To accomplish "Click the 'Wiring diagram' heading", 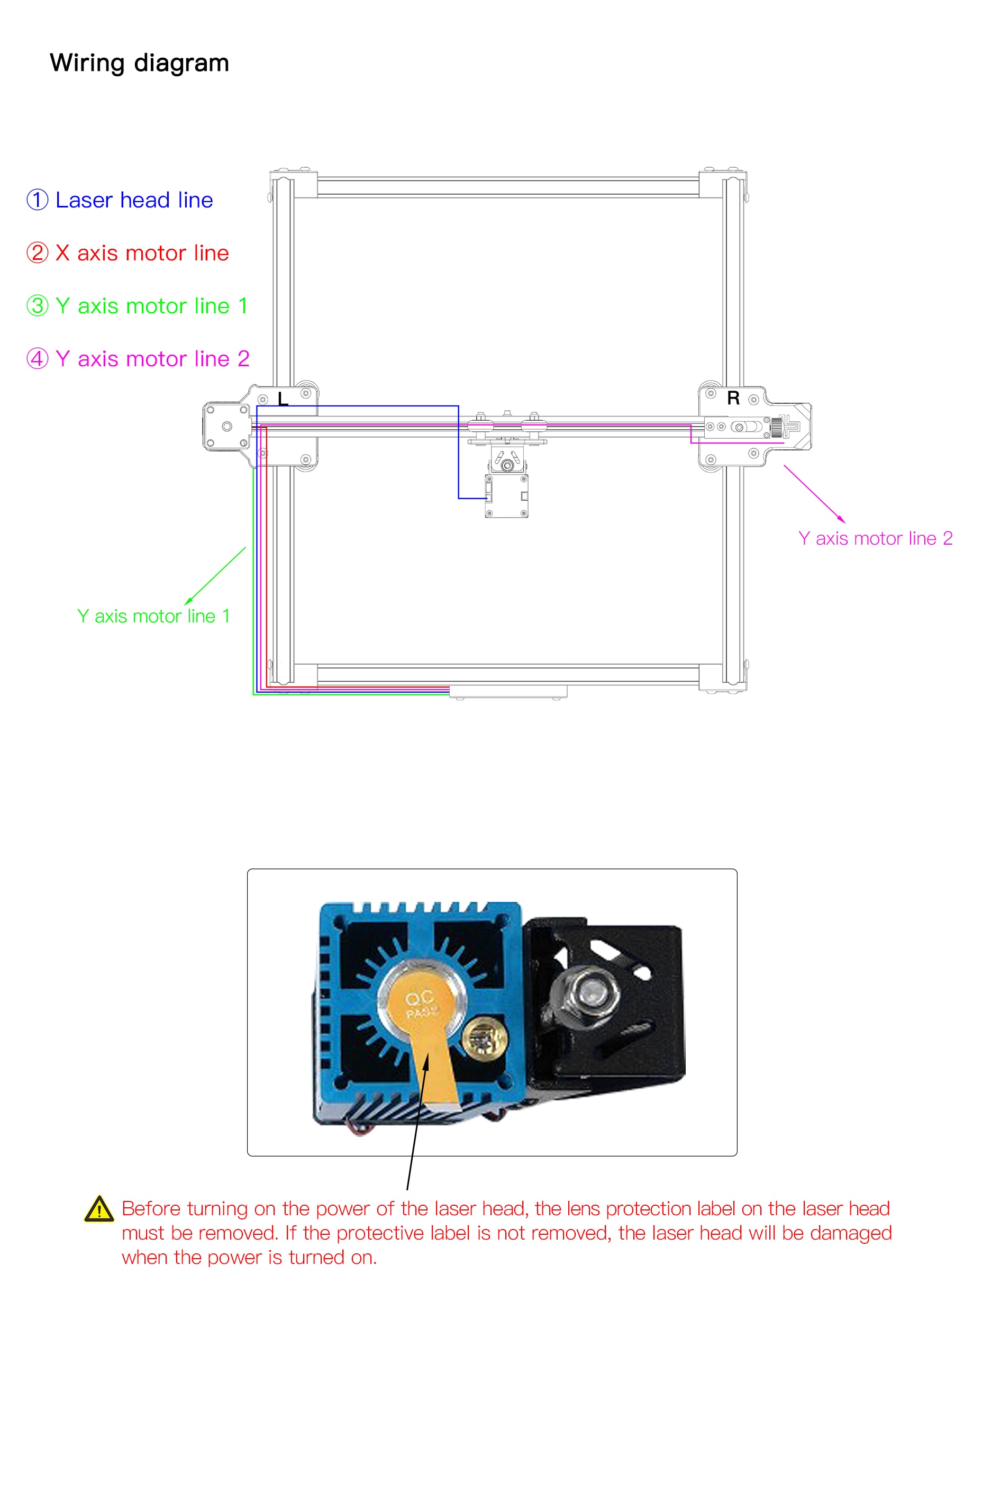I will pos(139,63).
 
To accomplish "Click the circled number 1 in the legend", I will pos(37,200).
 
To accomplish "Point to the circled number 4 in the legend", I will pos(37,358).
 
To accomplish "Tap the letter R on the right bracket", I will pos(733,399).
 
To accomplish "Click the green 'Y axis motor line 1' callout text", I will pos(153,616).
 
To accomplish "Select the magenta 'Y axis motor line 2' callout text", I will pos(875,538).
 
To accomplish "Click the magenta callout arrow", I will pos(814,494).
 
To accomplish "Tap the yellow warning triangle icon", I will pos(99,1209).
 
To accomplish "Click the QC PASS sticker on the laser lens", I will pos(420,1004).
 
